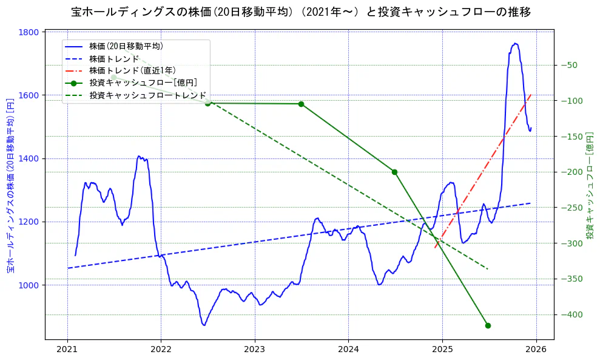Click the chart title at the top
point(301,12)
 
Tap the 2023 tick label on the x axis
point(255,350)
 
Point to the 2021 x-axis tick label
point(67,350)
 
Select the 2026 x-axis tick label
point(536,350)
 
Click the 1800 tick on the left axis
point(30,32)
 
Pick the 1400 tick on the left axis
point(30,158)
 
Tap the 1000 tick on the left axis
point(30,285)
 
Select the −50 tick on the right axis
point(571,65)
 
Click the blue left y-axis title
point(10,185)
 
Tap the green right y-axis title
point(590,185)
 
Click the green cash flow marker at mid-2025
point(488,325)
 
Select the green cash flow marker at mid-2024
point(394,172)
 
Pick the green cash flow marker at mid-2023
point(301,104)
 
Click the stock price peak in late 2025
point(515,43)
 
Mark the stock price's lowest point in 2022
point(204,325)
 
